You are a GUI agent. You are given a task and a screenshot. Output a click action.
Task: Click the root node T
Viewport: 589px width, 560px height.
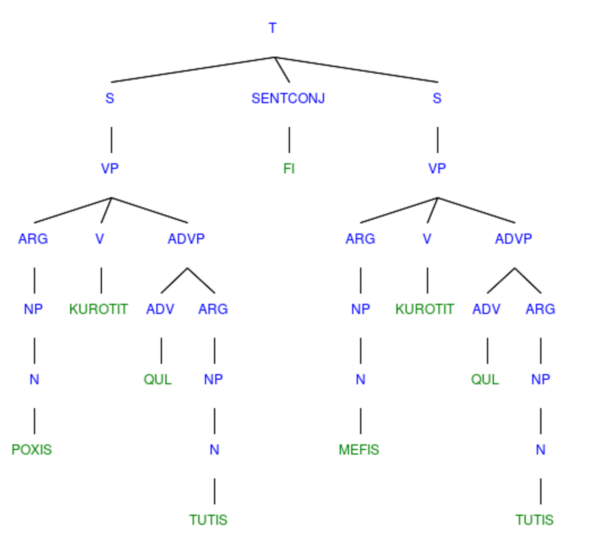[273, 28]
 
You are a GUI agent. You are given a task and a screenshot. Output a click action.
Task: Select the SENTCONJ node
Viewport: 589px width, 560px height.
[288, 98]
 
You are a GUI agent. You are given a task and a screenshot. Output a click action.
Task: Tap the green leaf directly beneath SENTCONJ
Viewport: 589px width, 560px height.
[289, 168]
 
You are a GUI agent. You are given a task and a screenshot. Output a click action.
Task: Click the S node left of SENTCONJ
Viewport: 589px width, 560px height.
[110, 98]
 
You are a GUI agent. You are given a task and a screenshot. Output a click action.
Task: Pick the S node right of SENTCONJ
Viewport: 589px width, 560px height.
[437, 98]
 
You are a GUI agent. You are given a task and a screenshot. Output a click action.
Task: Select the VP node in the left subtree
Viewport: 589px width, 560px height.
[110, 168]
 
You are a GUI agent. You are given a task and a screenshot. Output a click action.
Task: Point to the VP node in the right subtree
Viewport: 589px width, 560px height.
[437, 168]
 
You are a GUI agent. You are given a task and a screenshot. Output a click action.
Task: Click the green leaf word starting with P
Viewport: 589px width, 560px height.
[32, 450]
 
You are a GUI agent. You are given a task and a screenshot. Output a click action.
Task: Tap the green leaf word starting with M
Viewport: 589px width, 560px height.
[359, 450]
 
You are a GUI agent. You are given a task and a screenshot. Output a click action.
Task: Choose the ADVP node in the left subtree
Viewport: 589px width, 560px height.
[186, 239]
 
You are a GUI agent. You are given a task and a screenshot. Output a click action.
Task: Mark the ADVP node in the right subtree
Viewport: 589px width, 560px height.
[514, 239]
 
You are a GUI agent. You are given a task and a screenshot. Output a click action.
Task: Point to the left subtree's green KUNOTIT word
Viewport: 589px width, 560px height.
[99, 309]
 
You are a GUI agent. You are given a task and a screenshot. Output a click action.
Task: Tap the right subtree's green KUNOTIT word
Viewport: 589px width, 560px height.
[425, 309]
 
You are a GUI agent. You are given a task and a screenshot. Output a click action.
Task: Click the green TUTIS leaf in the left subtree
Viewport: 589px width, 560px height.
[208, 520]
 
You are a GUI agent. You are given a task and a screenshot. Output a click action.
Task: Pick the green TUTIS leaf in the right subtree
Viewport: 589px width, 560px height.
[535, 520]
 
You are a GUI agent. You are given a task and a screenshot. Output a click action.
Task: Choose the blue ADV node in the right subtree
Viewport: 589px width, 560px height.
[486, 309]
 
